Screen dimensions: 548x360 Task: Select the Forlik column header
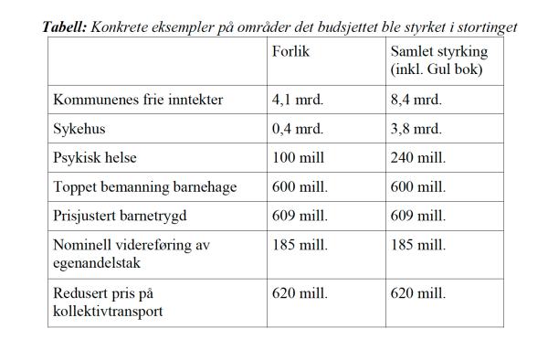click(x=290, y=51)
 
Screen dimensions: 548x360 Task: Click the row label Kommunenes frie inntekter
click(x=138, y=99)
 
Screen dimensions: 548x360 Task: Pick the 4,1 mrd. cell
click(x=298, y=99)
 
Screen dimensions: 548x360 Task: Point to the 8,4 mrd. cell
click(x=416, y=99)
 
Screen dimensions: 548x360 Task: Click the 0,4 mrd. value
click(x=298, y=128)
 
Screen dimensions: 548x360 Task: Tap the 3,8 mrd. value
click(x=416, y=128)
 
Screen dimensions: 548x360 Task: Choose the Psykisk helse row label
click(x=95, y=157)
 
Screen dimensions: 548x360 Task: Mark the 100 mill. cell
click(x=299, y=157)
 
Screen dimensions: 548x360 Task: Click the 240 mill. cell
click(x=417, y=157)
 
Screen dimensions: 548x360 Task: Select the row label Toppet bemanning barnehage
click(x=145, y=186)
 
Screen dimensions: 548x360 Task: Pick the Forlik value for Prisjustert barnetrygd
click(x=300, y=216)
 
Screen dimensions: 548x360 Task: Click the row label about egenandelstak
click(x=127, y=253)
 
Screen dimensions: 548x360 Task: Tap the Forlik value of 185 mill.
click(x=300, y=245)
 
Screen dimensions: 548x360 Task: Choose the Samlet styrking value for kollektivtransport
click(x=417, y=294)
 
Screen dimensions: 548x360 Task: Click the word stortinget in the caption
click(x=486, y=27)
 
